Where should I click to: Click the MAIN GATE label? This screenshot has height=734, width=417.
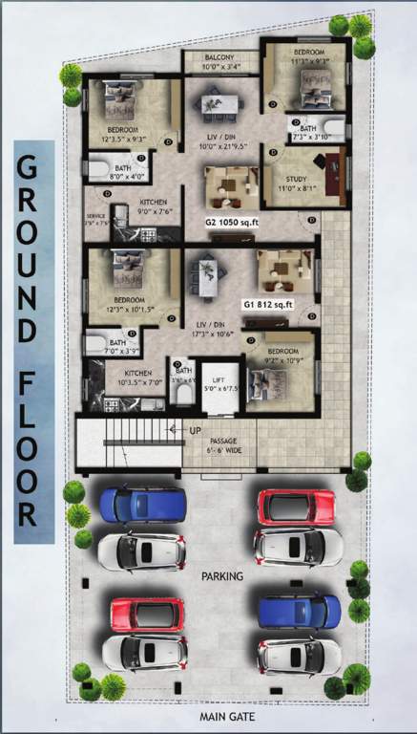coord(225,716)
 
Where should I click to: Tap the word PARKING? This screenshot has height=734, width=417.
coord(222,577)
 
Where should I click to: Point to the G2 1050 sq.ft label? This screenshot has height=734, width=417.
coord(233,222)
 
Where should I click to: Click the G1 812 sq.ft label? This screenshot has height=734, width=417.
coord(267,305)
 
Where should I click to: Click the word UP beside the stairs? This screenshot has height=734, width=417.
coord(195,431)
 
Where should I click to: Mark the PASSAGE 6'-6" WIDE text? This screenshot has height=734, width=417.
coord(222,445)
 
